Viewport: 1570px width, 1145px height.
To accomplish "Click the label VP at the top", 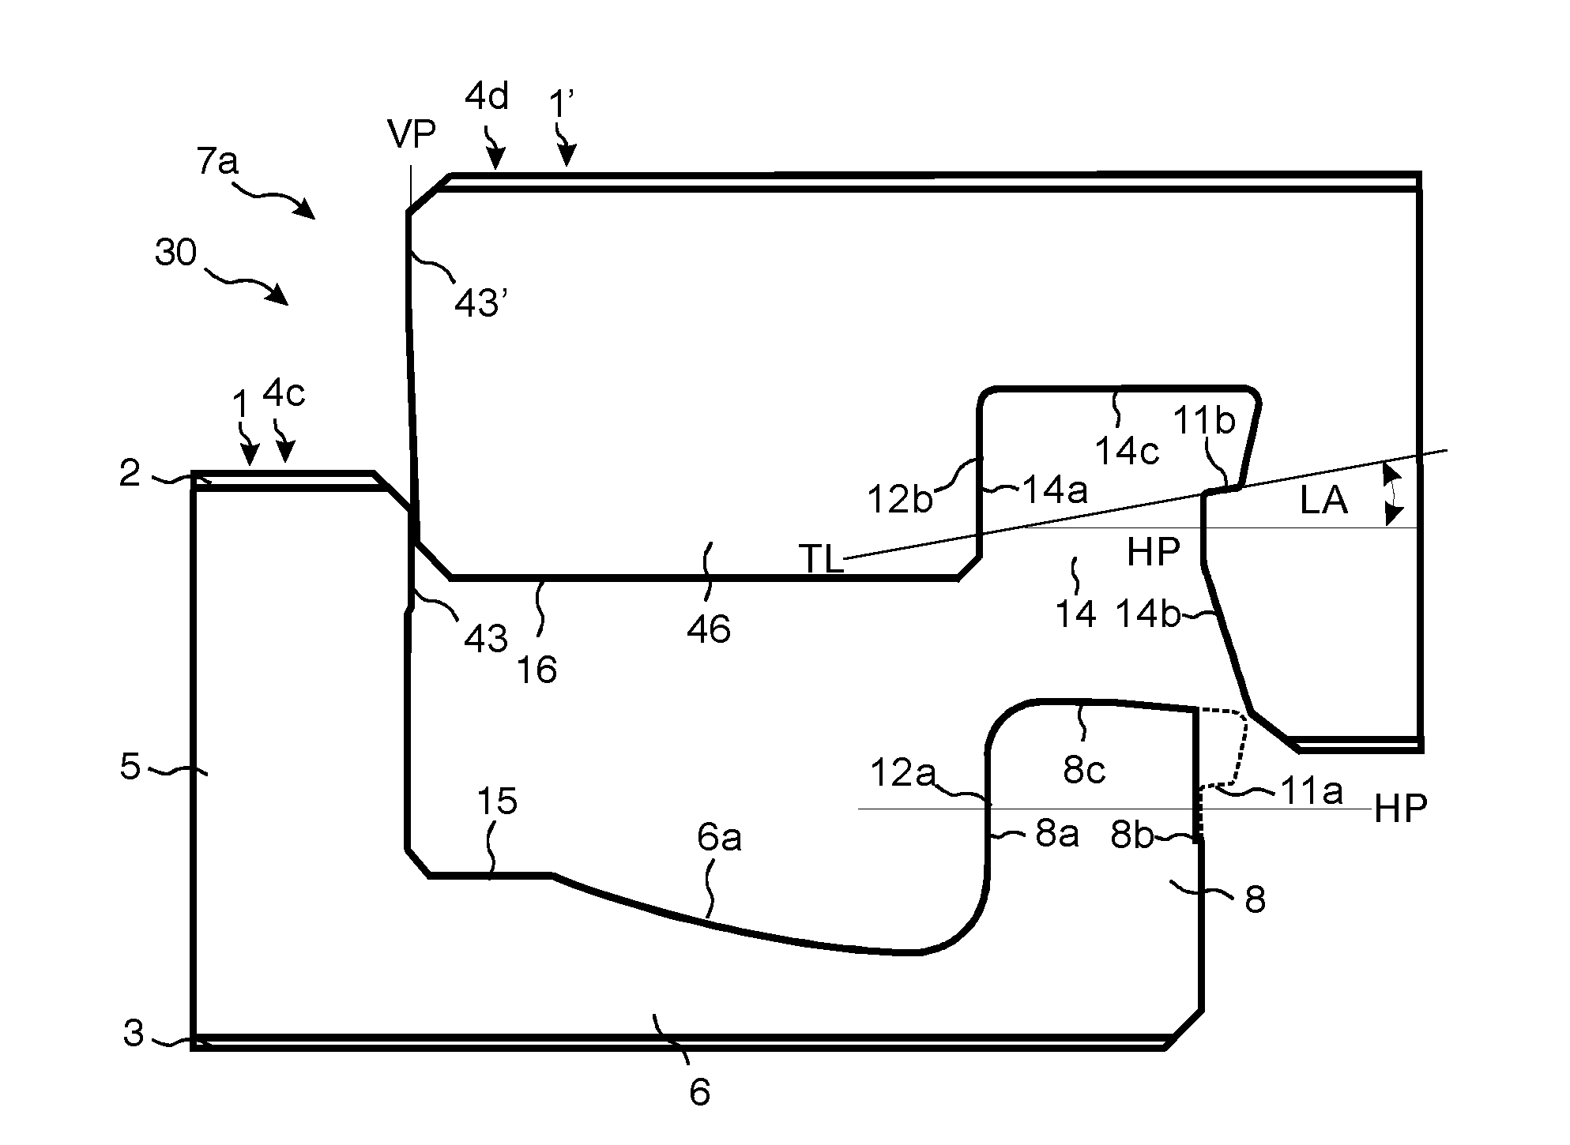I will (x=412, y=135).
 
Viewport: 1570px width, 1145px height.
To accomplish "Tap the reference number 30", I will (x=175, y=253).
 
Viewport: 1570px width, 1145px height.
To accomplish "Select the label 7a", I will (x=217, y=161).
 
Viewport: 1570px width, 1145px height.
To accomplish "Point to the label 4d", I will (x=487, y=96).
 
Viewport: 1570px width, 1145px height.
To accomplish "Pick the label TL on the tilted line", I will (x=822, y=560).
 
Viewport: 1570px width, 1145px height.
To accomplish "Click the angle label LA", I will (x=1323, y=501).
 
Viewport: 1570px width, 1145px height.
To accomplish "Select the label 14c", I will (x=1127, y=451).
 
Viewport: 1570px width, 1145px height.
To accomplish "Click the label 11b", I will (x=1203, y=422).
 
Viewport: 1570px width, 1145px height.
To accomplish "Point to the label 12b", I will (x=899, y=499).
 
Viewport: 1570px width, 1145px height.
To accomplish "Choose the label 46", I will (x=709, y=629).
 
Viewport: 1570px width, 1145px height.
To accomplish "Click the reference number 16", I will (x=537, y=670).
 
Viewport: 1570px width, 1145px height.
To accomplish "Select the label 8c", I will (x=1083, y=769).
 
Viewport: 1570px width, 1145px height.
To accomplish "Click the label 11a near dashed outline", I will (x=1311, y=791).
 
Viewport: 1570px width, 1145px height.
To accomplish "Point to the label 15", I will (x=497, y=801).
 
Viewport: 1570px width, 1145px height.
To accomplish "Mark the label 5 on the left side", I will (x=130, y=766).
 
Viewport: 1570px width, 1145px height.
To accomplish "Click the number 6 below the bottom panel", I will (x=700, y=1092).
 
